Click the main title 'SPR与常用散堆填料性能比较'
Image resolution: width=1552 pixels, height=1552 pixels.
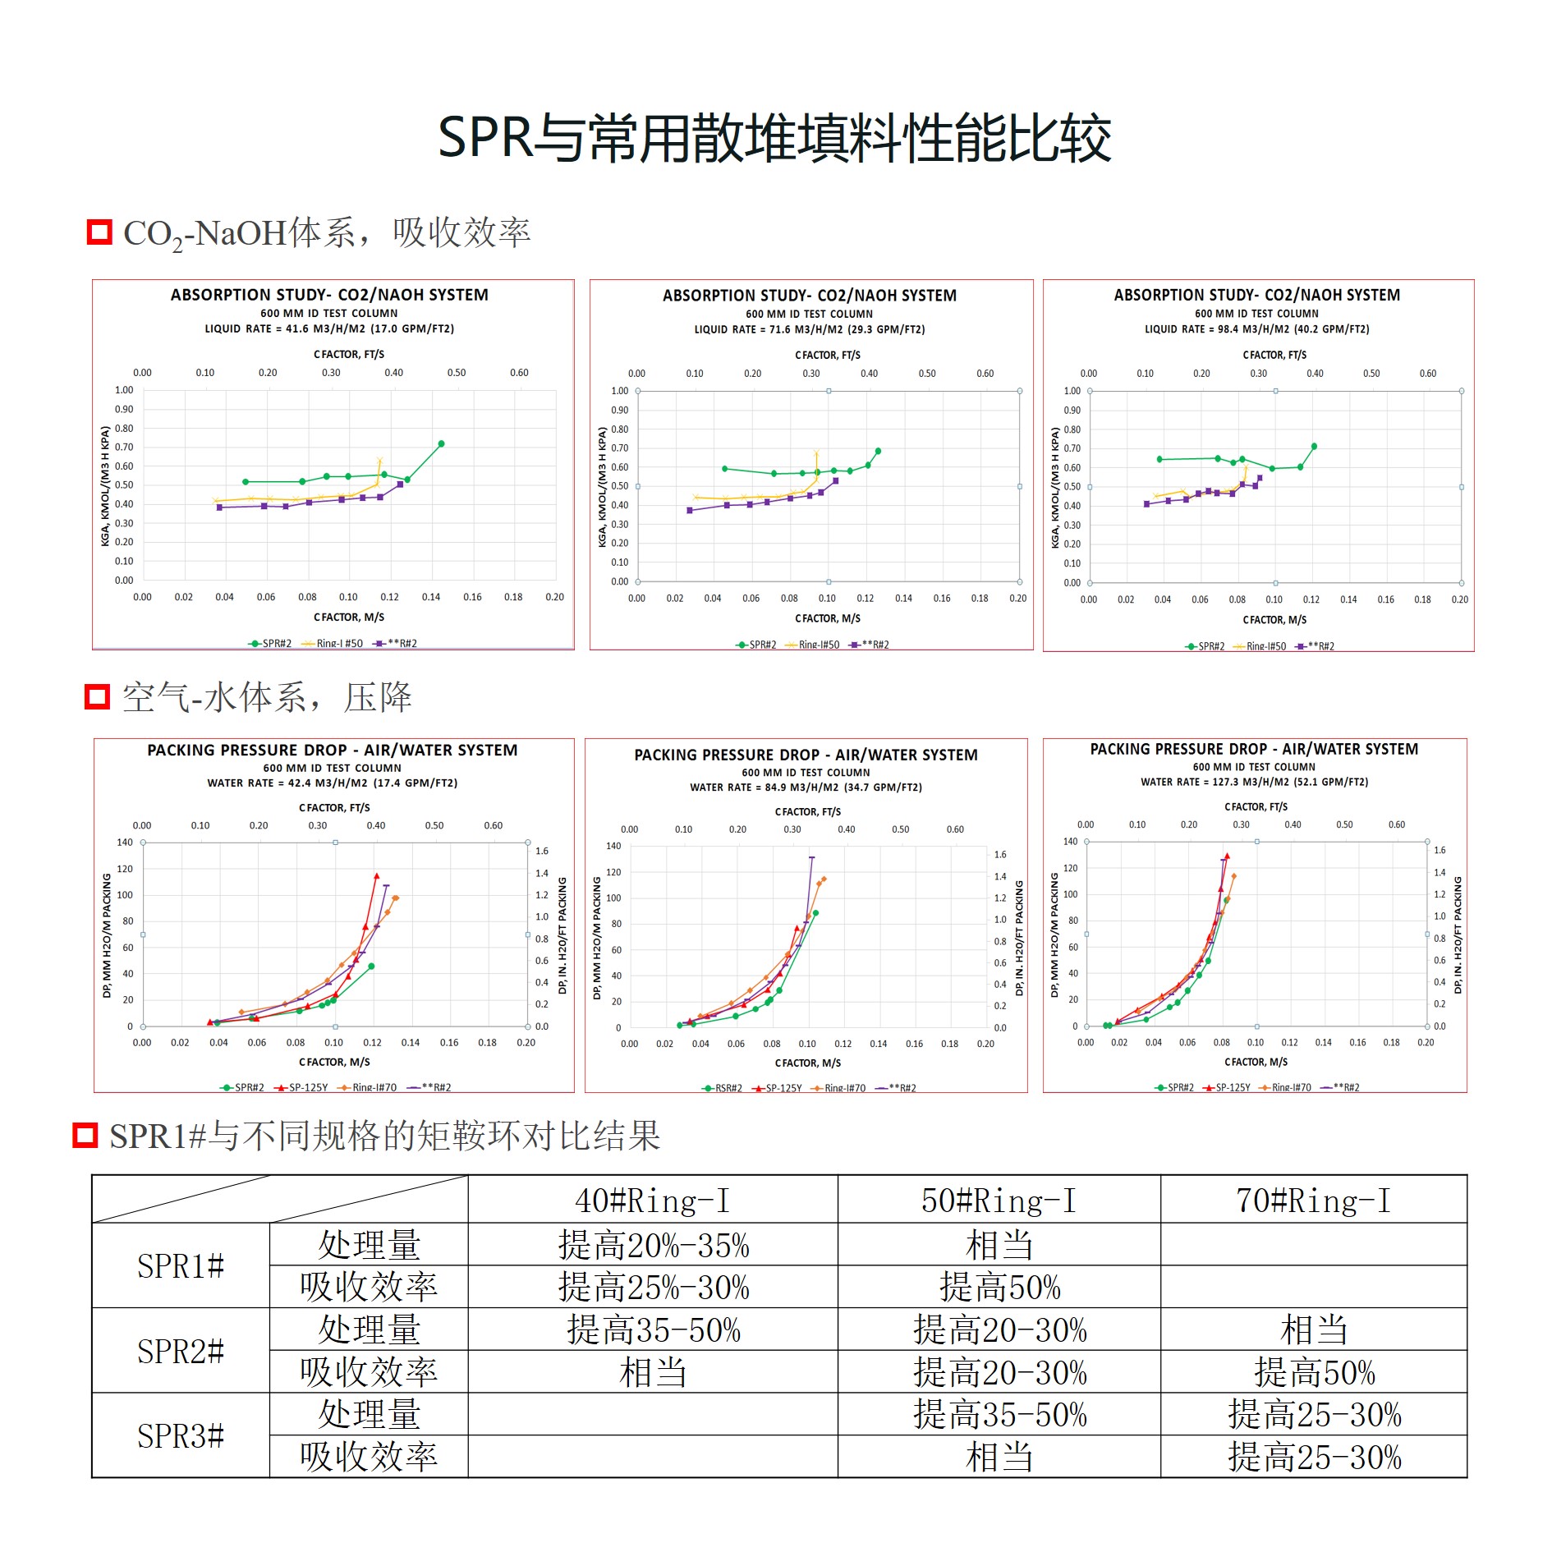(774, 138)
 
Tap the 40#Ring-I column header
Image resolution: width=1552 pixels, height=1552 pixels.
(652, 1201)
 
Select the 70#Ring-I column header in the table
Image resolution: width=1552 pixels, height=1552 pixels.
(1313, 1201)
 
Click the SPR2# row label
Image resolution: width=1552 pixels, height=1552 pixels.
(181, 1351)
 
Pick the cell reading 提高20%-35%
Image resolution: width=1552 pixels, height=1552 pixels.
(654, 1246)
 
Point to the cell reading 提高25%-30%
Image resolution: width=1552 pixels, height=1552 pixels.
(654, 1288)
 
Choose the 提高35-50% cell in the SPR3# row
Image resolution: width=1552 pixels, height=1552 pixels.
(999, 1415)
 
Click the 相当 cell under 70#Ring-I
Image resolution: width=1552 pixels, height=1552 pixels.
(1313, 1330)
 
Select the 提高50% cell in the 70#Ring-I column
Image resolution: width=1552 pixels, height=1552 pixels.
(1313, 1373)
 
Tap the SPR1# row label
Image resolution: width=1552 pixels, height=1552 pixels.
(181, 1266)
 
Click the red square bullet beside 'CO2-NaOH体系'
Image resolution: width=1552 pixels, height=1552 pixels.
(99, 232)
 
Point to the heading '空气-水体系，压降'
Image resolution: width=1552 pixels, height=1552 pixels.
(267, 698)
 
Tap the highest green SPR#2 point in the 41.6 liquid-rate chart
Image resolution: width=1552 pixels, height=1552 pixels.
(441, 444)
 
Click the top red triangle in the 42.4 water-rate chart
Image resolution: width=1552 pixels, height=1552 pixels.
(376, 876)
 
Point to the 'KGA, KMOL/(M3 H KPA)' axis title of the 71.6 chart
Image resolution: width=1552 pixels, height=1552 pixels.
(602, 487)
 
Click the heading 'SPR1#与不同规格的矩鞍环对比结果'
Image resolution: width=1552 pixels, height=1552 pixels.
(384, 1136)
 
